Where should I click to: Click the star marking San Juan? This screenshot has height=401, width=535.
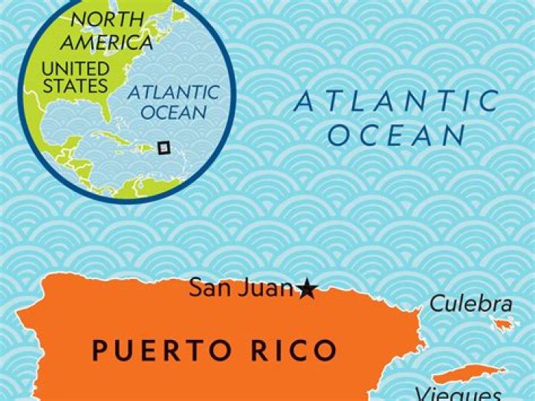coord(306,289)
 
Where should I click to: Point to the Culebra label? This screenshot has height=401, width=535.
coord(471,304)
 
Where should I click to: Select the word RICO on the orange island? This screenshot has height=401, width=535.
coord(296,350)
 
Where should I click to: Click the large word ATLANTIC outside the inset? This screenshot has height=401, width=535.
coord(397,101)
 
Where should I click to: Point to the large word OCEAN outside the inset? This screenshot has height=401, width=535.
coord(396,135)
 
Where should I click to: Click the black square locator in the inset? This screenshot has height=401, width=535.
coord(164,147)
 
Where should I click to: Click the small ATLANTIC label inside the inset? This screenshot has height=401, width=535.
coord(173,94)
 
